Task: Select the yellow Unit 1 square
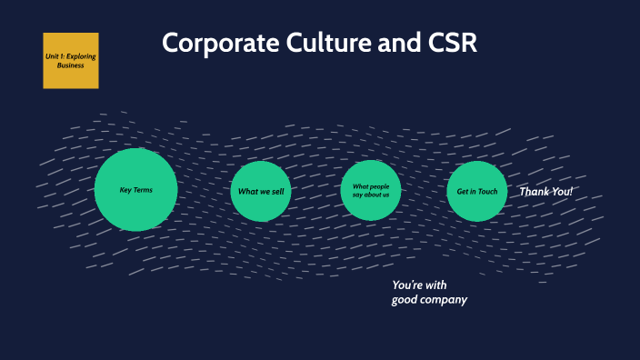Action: (70, 61)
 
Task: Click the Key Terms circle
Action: (135, 190)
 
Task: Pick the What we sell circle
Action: (261, 192)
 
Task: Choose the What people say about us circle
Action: (371, 191)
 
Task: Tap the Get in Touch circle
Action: (477, 192)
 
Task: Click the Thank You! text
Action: (545, 192)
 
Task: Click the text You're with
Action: (419, 285)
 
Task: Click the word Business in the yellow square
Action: (70, 65)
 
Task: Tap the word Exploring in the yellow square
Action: (81, 56)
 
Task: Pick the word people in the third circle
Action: (380, 186)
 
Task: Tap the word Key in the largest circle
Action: (125, 190)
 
